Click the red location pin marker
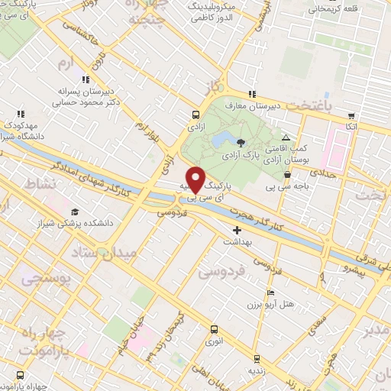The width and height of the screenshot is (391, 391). (x=195, y=179)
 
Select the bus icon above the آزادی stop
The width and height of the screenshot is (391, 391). (x=195, y=117)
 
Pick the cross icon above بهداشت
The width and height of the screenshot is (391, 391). (x=237, y=229)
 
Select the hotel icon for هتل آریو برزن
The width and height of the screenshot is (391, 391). (x=270, y=293)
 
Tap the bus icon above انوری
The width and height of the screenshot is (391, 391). (x=215, y=330)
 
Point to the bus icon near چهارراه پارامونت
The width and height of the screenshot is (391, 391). (x=19, y=375)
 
